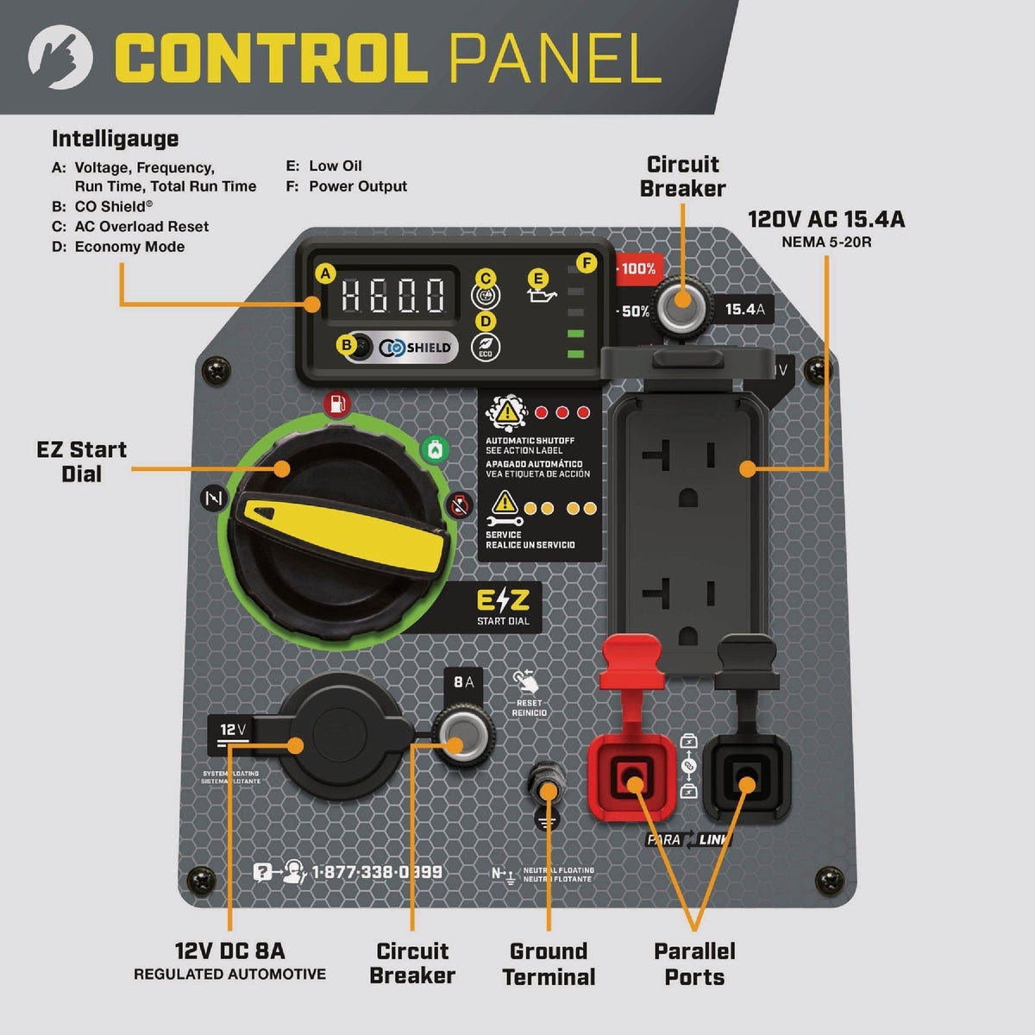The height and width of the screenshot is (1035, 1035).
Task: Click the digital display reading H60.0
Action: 393,295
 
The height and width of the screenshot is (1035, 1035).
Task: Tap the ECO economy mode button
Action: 486,347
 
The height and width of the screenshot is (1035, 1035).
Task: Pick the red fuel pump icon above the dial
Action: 337,404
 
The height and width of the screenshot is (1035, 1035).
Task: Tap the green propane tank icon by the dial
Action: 435,449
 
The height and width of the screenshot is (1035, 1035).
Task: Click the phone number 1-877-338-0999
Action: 377,872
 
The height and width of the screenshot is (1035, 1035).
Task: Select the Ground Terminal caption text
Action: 549,964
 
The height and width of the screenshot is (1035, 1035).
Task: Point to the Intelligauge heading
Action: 115,139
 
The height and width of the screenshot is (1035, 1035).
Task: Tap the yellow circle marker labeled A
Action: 325,274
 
